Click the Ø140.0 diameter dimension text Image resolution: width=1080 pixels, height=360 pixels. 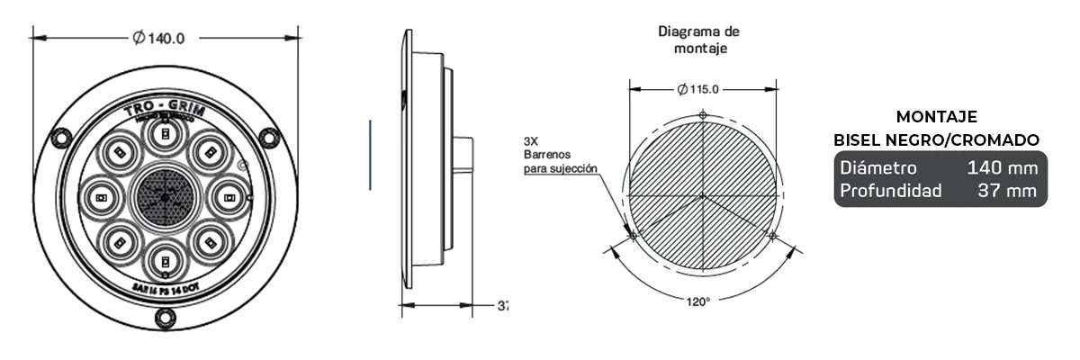tap(159, 38)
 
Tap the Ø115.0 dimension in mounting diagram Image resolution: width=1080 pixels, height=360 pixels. tap(702, 89)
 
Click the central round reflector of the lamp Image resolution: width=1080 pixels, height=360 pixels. tap(165, 195)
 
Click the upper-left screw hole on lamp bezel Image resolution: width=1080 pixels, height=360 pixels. tap(60, 137)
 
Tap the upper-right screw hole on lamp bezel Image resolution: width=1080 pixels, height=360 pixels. tap(268, 137)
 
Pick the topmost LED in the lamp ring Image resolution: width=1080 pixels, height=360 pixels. tap(165, 135)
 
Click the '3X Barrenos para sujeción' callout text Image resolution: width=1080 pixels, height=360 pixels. tap(559, 155)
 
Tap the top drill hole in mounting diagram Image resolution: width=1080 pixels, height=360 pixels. tap(703, 114)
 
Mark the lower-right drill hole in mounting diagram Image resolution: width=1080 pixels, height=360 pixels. tap(771, 235)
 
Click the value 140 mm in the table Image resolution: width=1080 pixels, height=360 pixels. tap(1002, 168)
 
